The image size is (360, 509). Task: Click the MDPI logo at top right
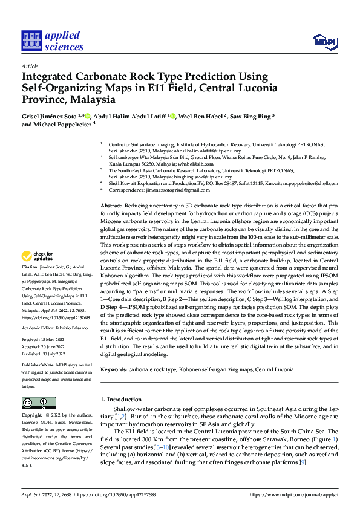click(324, 41)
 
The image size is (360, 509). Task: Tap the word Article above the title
click(30, 66)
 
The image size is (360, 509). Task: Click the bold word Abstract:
click(113, 206)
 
